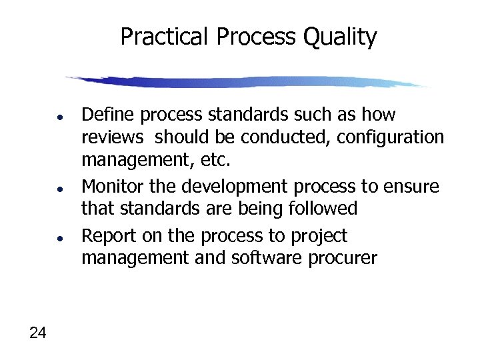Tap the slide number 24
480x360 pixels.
[x=38, y=333]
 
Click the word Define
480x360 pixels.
[x=104, y=115]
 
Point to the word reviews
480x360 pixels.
[x=112, y=137]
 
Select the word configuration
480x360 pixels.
[x=390, y=138]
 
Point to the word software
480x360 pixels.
[x=258, y=257]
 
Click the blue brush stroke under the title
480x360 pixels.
[x=247, y=82]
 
